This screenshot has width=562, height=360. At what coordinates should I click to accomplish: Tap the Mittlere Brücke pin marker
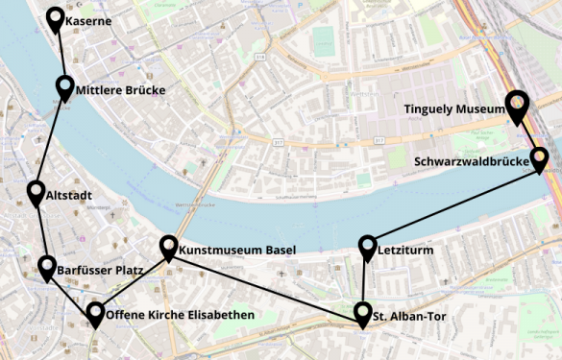point(65,88)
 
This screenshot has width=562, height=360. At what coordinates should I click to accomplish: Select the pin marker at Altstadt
point(37,193)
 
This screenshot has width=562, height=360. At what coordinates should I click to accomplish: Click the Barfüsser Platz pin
point(47,266)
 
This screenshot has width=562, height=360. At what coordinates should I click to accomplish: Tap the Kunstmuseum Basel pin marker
point(168,247)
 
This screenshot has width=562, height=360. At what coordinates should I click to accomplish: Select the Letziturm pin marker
point(368,247)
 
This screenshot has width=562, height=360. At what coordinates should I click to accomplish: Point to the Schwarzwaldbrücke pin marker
point(539,156)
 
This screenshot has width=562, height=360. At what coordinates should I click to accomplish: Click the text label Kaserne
point(89,21)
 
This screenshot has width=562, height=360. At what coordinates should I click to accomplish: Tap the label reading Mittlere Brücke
point(121,91)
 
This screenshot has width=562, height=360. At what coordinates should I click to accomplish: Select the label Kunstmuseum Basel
point(237,250)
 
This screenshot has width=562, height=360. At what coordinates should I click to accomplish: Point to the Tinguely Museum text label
point(453,109)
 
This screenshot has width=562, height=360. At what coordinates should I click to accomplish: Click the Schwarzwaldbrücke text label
point(472,162)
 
